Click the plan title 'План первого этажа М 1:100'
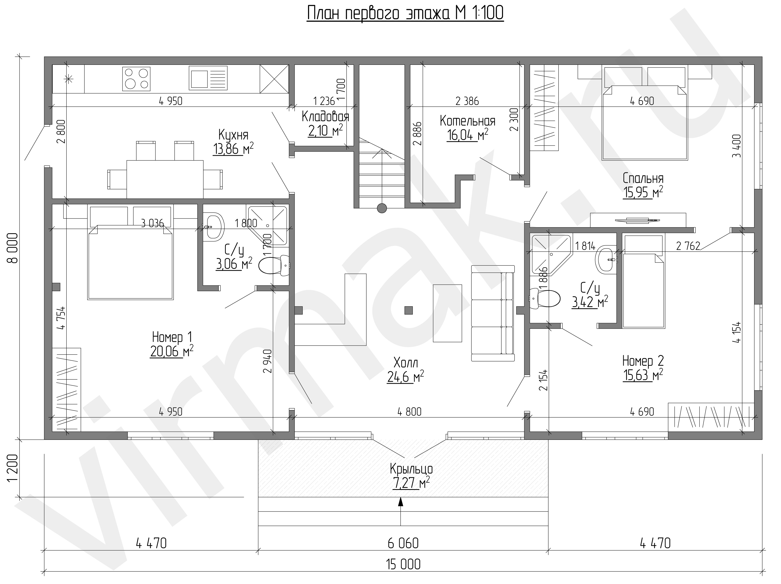405,13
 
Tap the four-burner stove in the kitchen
136,78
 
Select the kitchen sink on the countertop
208,78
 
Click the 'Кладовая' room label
325,116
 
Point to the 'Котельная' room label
467,121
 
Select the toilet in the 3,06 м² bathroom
274,265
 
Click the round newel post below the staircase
382,208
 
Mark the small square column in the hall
408,310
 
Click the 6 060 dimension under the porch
403,543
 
